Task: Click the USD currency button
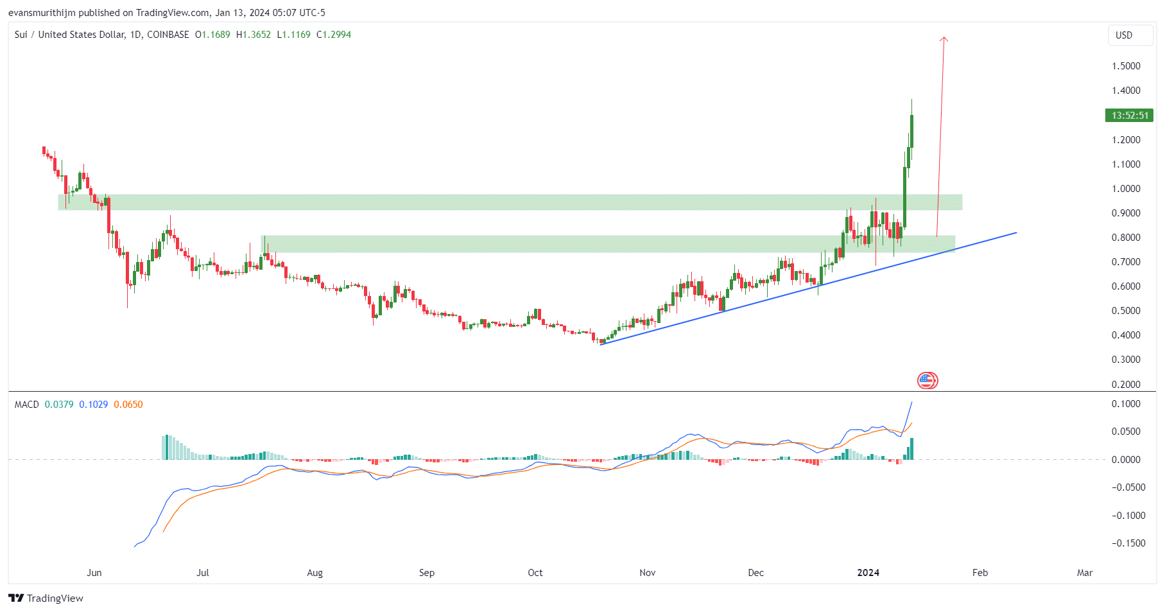(x=1130, y=35)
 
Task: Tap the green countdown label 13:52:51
(x=1130, y=116)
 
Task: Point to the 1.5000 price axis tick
(x=1126, y=66)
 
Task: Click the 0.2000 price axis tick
(x=1126, y=384)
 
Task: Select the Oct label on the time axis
(x=535, y=573)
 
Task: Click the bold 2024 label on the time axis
(x=868, y=573)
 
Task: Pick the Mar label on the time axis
(x=1085, y=573)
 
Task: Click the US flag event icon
(x=928, y=381)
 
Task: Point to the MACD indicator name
(x=27, y=405)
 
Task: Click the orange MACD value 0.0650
(x=128, y=405)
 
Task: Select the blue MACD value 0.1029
(x=94, y=405)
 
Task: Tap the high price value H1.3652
(x=254, y=35)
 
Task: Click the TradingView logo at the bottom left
(x=46, y=598)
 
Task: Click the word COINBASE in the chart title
(x=168, y=35)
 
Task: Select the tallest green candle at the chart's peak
(x=911, y=130)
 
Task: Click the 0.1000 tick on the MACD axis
(x=1126, y=404)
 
